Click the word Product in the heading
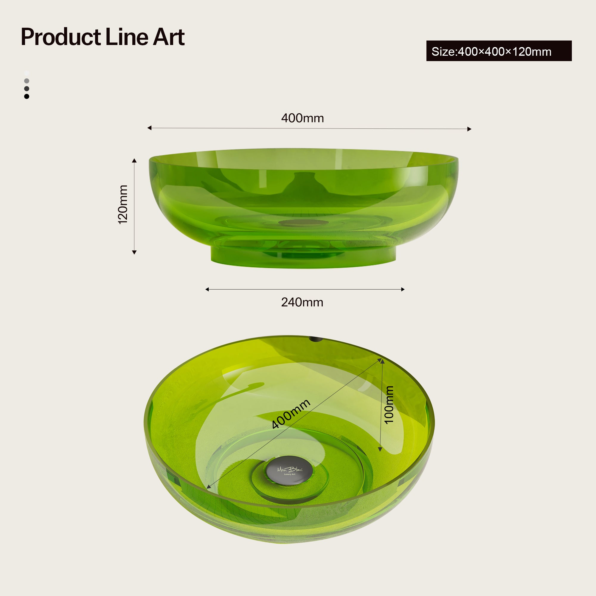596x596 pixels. click(61, 37)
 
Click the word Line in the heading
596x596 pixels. click(127, 37)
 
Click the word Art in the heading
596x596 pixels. click(169, 37)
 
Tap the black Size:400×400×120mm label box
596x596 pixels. click(499, 51)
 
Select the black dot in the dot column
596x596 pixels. click(27, 97)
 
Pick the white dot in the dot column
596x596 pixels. click(27, 73)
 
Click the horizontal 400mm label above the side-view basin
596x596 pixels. click(302, 118)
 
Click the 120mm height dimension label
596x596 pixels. click(123, 204)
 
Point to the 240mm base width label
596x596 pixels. click(302, 302)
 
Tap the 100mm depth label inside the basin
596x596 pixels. click(389, 405)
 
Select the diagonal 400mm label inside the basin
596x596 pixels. click(291, 414)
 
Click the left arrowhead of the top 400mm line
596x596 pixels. click(149, 128)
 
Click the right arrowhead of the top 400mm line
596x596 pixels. click(469, 129)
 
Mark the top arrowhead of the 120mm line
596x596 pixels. click(134, 160)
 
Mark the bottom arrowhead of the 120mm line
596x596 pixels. click(134, 252)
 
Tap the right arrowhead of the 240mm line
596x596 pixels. click(403, 289)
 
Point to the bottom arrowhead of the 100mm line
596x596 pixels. click(380, 449)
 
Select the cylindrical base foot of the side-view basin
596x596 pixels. click(303, 257)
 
